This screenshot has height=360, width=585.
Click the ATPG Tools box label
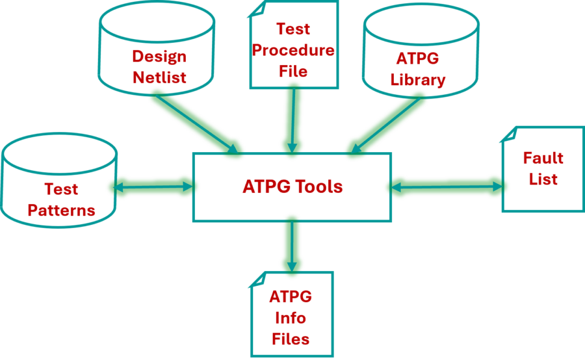(x=292, y=187)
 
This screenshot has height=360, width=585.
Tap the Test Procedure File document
(x=293, y=45)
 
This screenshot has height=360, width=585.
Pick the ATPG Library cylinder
(x=421, y=52)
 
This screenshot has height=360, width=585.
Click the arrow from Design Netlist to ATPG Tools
(x=195, y=123)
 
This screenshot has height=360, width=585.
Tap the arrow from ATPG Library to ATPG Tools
(x=387, y=123)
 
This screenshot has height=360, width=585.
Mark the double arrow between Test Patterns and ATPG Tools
(x=153, y=187)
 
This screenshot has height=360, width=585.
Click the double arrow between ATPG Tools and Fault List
(x=447, y=187)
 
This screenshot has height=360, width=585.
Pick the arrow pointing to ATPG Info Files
(x=292, y=246)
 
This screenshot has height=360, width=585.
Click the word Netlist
(x=160, y=78)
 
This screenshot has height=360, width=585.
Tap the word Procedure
(x=293, y=50)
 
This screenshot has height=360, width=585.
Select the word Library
(x=418, y=80)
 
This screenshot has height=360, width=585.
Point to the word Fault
(x=543, y=158)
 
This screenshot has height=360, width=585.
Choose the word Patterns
(x=61, y=211)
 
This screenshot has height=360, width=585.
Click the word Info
(x=291, y=318)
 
